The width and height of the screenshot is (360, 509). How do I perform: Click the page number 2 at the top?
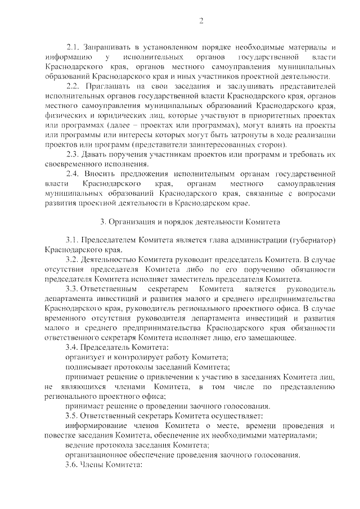tap(201, 21)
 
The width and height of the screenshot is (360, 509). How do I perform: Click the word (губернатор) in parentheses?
tap(311, 240)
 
